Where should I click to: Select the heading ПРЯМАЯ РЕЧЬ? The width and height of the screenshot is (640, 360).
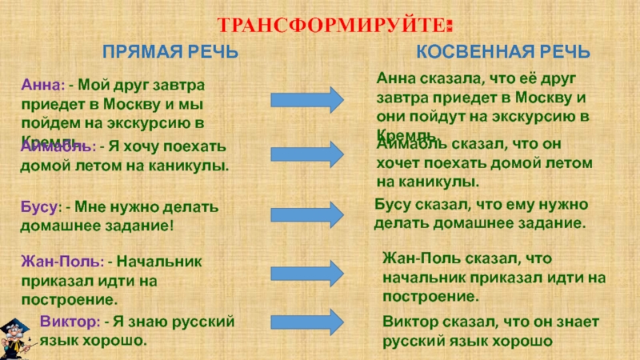point(170,53)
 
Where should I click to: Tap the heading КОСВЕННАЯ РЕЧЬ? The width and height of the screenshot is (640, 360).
point(504,53)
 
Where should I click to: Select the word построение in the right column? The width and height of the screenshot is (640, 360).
point(430,296)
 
